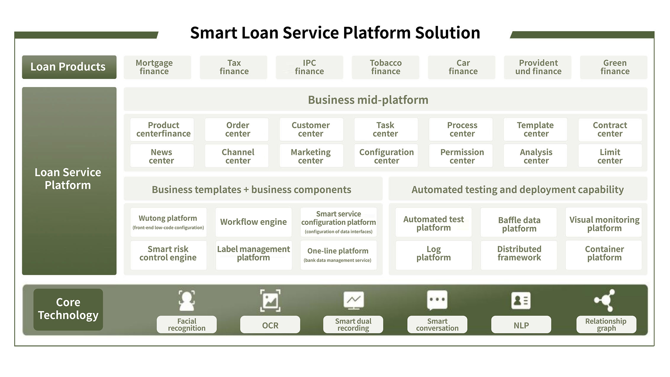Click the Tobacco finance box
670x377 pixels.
385,67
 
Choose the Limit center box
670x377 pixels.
610,156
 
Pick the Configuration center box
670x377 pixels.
386,156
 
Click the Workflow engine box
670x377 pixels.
253,222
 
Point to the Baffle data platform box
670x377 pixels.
518,224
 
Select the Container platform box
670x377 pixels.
604,253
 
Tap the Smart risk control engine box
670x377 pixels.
168,253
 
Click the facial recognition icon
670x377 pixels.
187,301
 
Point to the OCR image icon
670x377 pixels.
270,301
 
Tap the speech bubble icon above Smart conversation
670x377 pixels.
437,300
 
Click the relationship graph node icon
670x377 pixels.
605,300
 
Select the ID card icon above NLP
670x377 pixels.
521,301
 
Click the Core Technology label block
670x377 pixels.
68,309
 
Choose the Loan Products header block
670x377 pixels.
69,67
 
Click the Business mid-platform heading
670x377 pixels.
368,100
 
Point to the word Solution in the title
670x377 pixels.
447,33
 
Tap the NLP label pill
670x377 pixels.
521,325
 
